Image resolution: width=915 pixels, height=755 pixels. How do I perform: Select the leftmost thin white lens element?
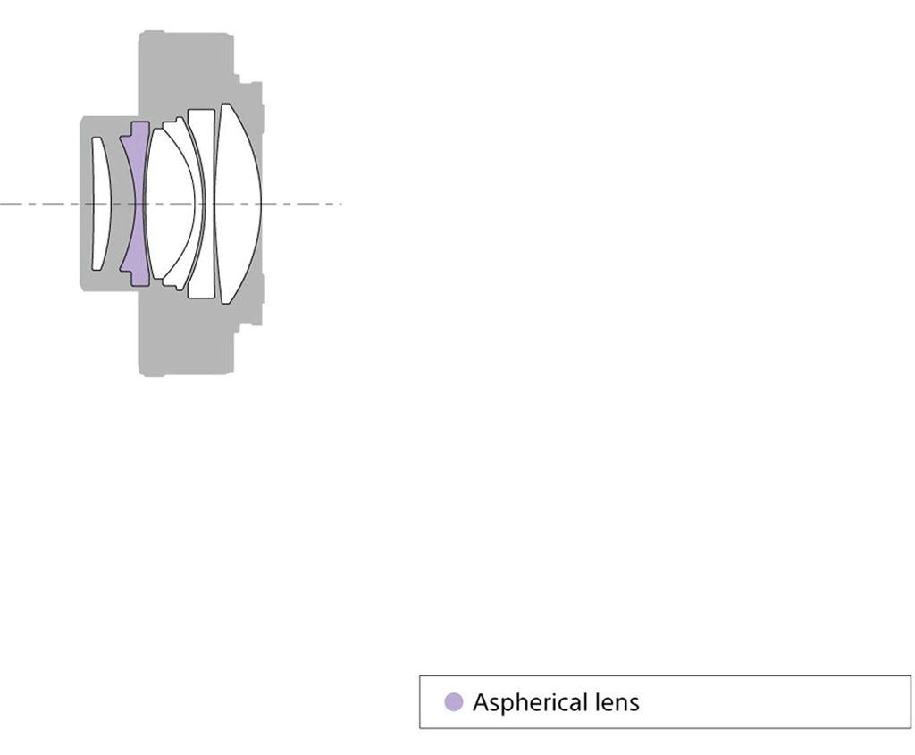tap(100, 204)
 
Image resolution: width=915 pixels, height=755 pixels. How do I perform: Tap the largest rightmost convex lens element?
tap(238, 204)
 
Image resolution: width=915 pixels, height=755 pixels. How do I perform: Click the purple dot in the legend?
tap(453, 701)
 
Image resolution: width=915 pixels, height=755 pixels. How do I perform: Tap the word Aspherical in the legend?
tap(530, 702)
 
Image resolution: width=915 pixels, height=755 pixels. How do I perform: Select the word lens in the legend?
tap(617, 702)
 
